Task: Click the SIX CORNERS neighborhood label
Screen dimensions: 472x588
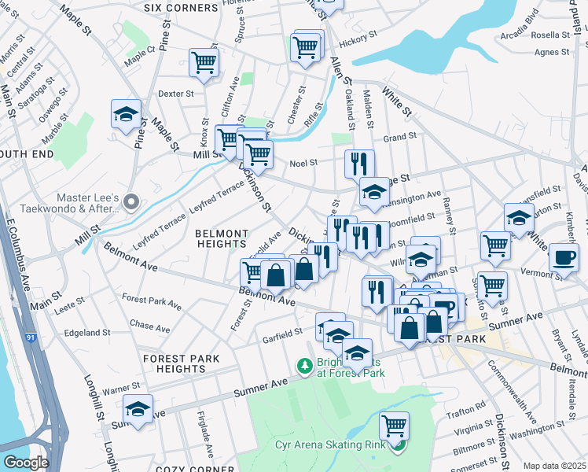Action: click(x=182, y=7)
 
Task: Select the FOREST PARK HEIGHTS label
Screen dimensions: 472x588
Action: click(x=182, y=363)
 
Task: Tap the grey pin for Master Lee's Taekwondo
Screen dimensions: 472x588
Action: click(x=130, y=202)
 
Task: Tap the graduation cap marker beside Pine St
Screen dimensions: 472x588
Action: click(x=126, y=115)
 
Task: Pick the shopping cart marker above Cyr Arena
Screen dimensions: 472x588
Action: click(x=394, y=426)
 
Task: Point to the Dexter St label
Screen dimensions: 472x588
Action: click(x=175, y=94)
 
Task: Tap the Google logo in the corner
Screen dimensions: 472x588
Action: click(x=26, y=462)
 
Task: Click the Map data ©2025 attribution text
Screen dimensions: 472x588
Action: click(x=553, y=466)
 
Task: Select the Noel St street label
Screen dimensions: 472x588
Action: click(x=303, y=164)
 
